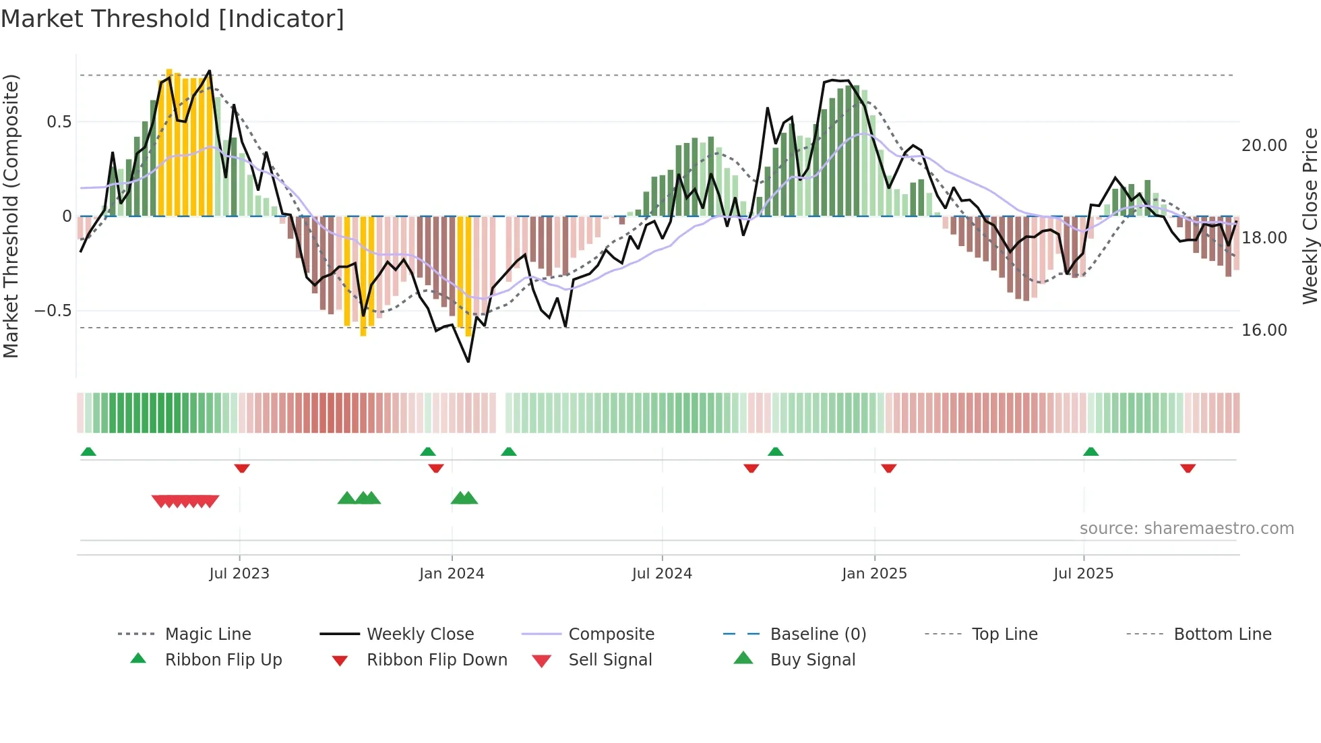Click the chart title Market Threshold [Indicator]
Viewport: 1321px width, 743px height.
point(173,19)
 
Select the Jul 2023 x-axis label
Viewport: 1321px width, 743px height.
point(239,574)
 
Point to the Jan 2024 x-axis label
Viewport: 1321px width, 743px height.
point(452,574)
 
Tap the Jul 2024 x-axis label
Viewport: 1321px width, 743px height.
point(662,574)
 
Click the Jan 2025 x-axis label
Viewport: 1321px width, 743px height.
point(874,574)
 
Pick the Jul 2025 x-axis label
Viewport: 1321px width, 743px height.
point(1083,574)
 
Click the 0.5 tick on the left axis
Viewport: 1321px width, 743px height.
point(59,122)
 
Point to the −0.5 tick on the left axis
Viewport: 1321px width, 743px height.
point(53,311)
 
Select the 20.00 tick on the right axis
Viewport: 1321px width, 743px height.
point(1264,146)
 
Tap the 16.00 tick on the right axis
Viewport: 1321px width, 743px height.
point(1264,330)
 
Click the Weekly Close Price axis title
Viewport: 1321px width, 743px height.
point(1310,216)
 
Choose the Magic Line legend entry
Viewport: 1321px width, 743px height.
point(208,634)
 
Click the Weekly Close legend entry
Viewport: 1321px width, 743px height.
point(420,634)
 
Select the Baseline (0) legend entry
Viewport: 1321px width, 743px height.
point(818,634)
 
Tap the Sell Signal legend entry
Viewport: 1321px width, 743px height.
point(610,660)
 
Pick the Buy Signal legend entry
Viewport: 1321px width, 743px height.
point(812,660)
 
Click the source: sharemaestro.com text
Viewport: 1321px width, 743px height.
point(1186,529)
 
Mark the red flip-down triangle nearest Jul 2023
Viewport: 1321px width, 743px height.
point(242,469)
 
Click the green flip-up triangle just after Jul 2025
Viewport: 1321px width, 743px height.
point(1090,452)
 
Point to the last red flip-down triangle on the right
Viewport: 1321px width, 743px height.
point(1188,469)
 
